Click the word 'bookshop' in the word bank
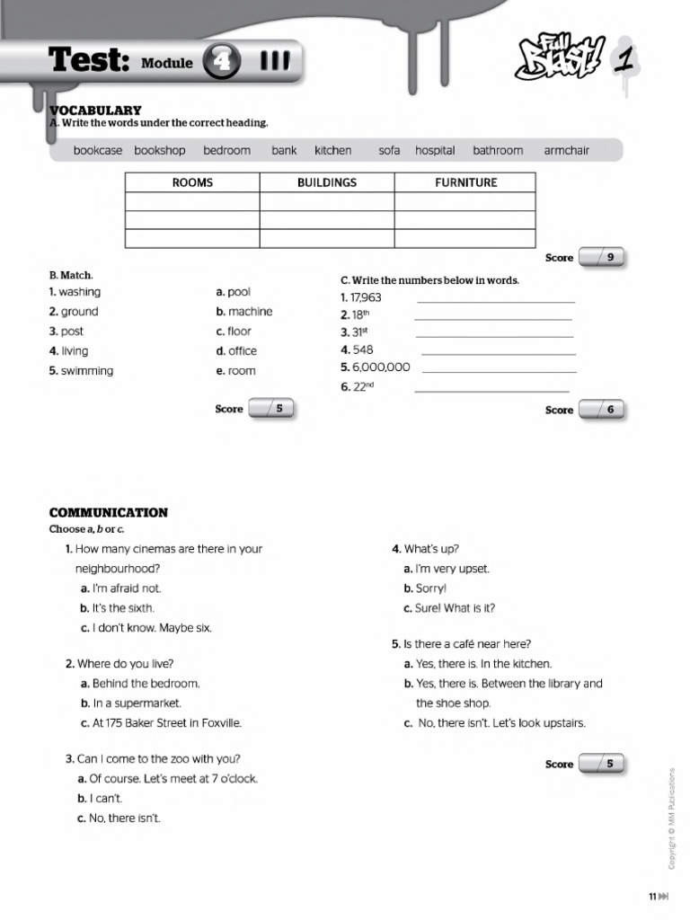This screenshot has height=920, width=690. (160, 150)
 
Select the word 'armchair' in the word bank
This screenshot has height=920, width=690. (566, 150)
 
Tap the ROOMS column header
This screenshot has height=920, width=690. (192, 182)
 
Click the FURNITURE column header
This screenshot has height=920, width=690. (465, 182)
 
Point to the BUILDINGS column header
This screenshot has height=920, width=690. (327, 182)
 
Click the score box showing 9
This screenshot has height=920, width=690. (603, 258)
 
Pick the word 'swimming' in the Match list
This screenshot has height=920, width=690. (87, 371)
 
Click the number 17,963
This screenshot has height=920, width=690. (366, 297)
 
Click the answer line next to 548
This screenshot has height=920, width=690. (498, 354)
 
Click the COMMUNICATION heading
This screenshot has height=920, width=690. (108, 513)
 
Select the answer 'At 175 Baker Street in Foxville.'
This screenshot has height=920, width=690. (167, 723)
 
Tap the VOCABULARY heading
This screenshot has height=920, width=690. (95, 110)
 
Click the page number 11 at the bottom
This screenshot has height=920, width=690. (653, 896)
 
